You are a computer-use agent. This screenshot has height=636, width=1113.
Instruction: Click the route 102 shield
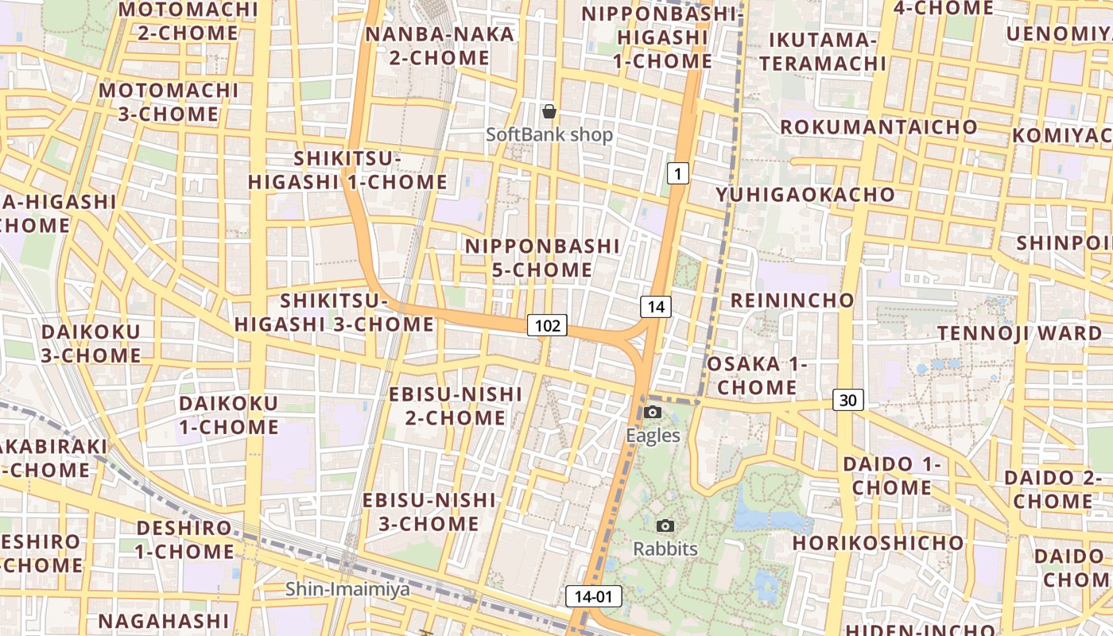click(x=547, y=324)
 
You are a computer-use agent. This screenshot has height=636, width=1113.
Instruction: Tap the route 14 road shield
click(x=656, y=306)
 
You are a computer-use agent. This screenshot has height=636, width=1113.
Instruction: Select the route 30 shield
click(x=848, y=400)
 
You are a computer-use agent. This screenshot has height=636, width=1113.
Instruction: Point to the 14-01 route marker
click(x=594, y=596)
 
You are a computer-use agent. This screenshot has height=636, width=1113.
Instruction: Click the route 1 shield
click(x=677, y=173)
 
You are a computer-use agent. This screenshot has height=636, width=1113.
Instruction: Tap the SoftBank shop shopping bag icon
click(x=549, y=111)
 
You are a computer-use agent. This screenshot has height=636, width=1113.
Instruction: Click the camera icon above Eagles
click(x=653, y=412)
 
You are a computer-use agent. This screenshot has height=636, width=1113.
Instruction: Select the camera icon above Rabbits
click(x=665, y=525)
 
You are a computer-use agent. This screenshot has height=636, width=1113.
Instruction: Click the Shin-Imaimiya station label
click(x=348, y=589)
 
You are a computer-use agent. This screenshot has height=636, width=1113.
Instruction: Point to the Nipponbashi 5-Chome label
click(x=542, y=258)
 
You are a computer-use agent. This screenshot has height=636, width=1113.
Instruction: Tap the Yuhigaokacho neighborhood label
click(x=805, y=195)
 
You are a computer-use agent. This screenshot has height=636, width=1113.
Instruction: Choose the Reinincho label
click(x=792, y=301)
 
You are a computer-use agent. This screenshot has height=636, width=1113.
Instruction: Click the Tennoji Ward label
click(x=1019, y=333)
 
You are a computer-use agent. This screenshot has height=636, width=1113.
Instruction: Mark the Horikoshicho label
click(x=878, y=543)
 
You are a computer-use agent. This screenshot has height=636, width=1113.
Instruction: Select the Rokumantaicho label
click(x=878, y=127)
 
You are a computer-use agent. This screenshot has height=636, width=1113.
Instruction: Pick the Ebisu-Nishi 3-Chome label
click(x=429, y=512)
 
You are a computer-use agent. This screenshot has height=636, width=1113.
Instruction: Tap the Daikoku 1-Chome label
click(x=229, y=415)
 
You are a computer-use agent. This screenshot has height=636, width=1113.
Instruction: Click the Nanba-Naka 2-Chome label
click(x=440, y=46)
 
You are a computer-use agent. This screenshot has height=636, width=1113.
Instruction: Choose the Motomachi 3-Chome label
click(x=169, y=102)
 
